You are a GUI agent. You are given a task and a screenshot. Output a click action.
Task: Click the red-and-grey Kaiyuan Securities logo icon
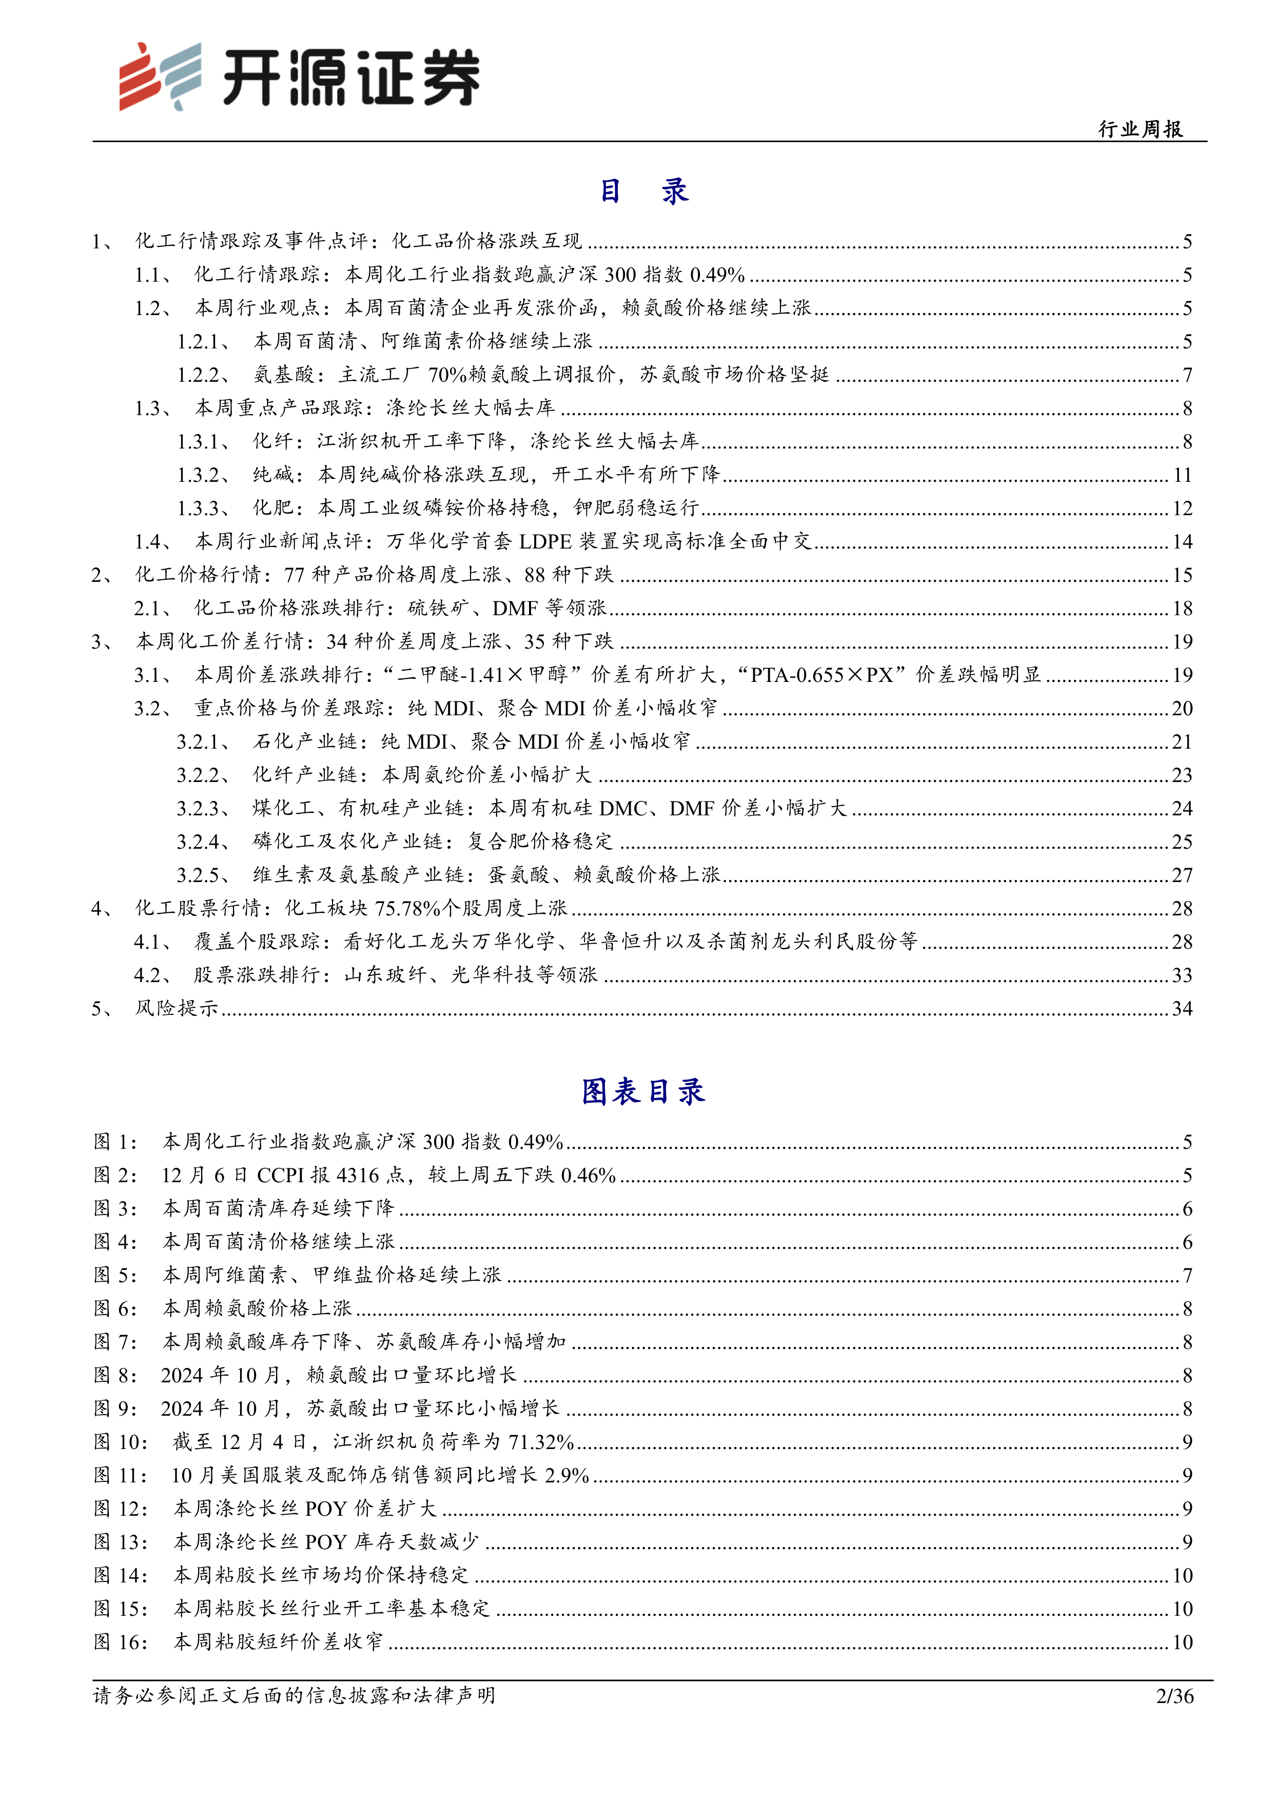pyautogui.click(x=159, y=77)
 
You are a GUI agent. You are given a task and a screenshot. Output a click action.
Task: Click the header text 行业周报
pyautogui.click(x=1141, y=129)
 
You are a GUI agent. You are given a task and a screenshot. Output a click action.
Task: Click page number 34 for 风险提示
pyautogui.click(x=1182, y=1009)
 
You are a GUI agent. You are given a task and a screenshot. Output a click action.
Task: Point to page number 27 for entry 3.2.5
pyautogui.click(x=1182, y=876)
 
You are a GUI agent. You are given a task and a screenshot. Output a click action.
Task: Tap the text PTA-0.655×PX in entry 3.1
pyautogui.click(x=822, y=675)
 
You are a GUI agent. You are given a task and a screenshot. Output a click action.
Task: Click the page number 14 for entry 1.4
pyautogui.click(x=1182, y=542)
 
